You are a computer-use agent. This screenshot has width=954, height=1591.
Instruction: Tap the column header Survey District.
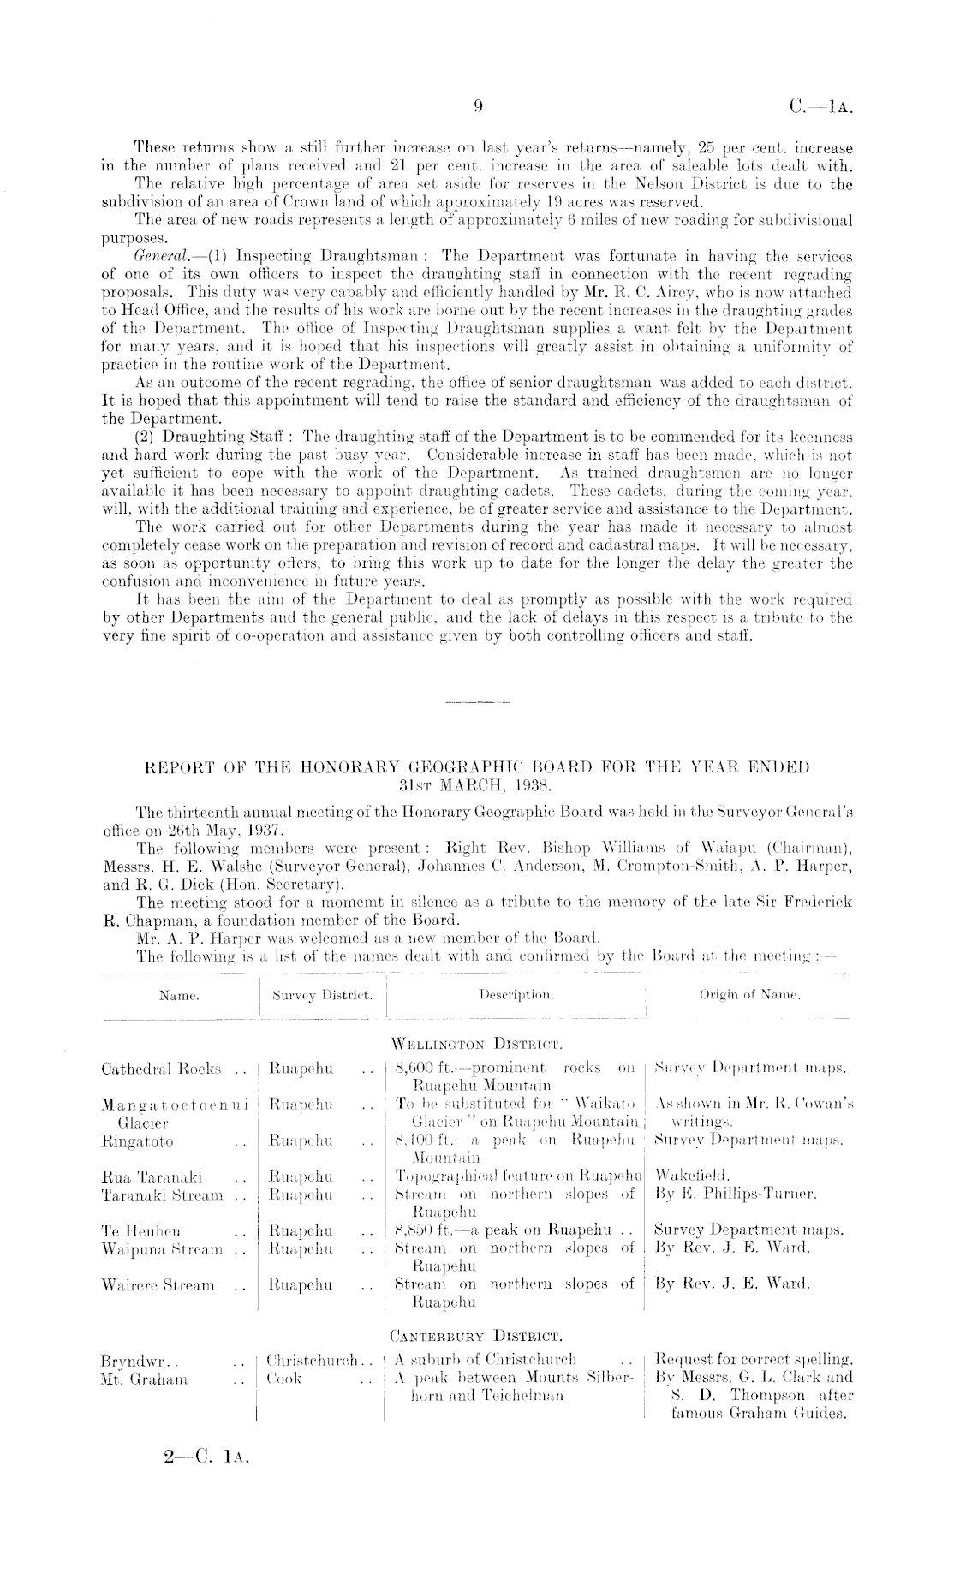click(321, 996)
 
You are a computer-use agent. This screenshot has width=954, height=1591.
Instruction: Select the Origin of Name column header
click(750, 995)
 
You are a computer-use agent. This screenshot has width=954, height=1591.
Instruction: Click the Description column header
click(516, 996)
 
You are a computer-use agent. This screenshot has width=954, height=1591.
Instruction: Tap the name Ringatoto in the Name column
click(137, 1141)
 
